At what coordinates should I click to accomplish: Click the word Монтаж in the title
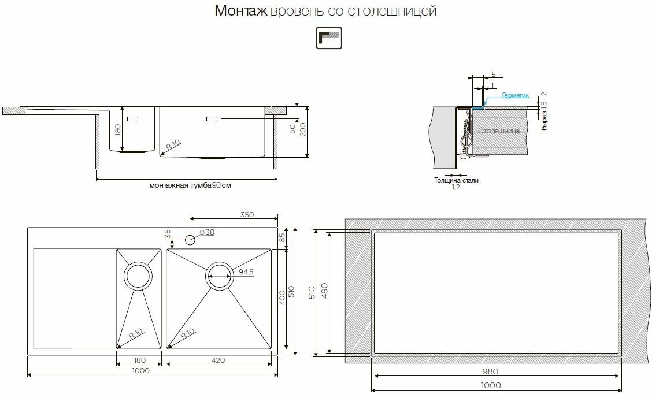(241, 11)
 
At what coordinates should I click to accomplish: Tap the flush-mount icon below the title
(329, 38)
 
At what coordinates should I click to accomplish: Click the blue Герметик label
(515, 95)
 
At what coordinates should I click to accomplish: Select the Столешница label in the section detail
(499, 131)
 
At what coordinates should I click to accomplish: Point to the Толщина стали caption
(456, 180)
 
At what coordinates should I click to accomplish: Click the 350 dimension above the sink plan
(247, 215)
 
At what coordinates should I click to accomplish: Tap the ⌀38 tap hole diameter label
(207, 232)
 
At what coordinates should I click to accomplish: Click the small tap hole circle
(190, 240)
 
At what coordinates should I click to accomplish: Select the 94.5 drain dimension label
(246, 272)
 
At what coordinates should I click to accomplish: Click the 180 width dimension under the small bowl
(140, 360)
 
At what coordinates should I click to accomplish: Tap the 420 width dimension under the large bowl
(218, 360)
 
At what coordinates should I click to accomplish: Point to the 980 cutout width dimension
(491, 371)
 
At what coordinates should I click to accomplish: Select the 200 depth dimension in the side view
(303, 129)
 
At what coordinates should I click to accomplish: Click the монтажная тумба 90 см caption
(190, 185)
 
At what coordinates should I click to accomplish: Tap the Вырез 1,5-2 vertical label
(544, 111)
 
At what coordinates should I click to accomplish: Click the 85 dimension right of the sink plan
(282, 237)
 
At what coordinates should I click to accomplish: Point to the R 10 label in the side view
(173, 145)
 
